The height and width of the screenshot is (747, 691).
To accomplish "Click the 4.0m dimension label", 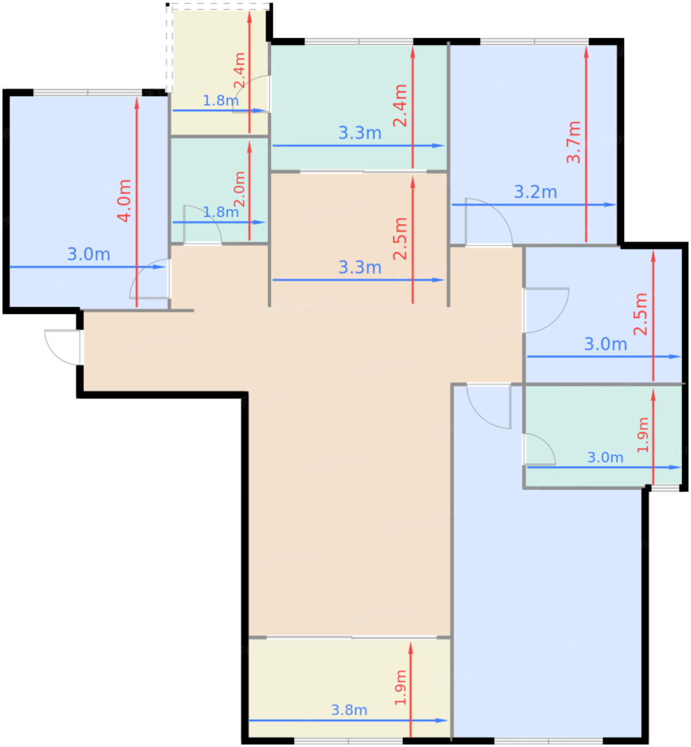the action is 124,201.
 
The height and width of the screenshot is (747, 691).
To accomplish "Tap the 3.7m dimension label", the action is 574,142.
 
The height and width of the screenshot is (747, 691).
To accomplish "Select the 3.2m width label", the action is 535,192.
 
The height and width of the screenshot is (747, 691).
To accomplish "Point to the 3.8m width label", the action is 349,710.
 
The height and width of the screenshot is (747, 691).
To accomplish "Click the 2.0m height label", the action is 239,189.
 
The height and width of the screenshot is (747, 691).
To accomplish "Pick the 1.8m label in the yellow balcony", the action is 220,100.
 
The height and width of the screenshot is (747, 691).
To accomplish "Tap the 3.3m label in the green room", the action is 360,133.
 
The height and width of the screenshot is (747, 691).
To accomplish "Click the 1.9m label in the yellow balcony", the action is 400,688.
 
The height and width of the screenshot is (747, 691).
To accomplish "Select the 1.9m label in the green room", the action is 642,435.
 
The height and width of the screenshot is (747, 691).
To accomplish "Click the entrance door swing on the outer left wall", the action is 63,347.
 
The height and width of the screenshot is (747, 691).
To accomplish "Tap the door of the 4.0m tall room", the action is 150,279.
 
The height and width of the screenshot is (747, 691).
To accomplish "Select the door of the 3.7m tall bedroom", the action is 489,222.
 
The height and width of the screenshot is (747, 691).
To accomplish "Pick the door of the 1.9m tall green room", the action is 539,449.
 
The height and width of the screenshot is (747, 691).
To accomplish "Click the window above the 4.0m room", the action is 87,92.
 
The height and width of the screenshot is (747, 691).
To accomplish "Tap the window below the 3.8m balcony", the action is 348,741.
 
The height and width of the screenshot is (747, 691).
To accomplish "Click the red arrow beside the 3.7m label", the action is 586,144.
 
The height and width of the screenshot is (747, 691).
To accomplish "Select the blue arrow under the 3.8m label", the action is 348,721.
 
